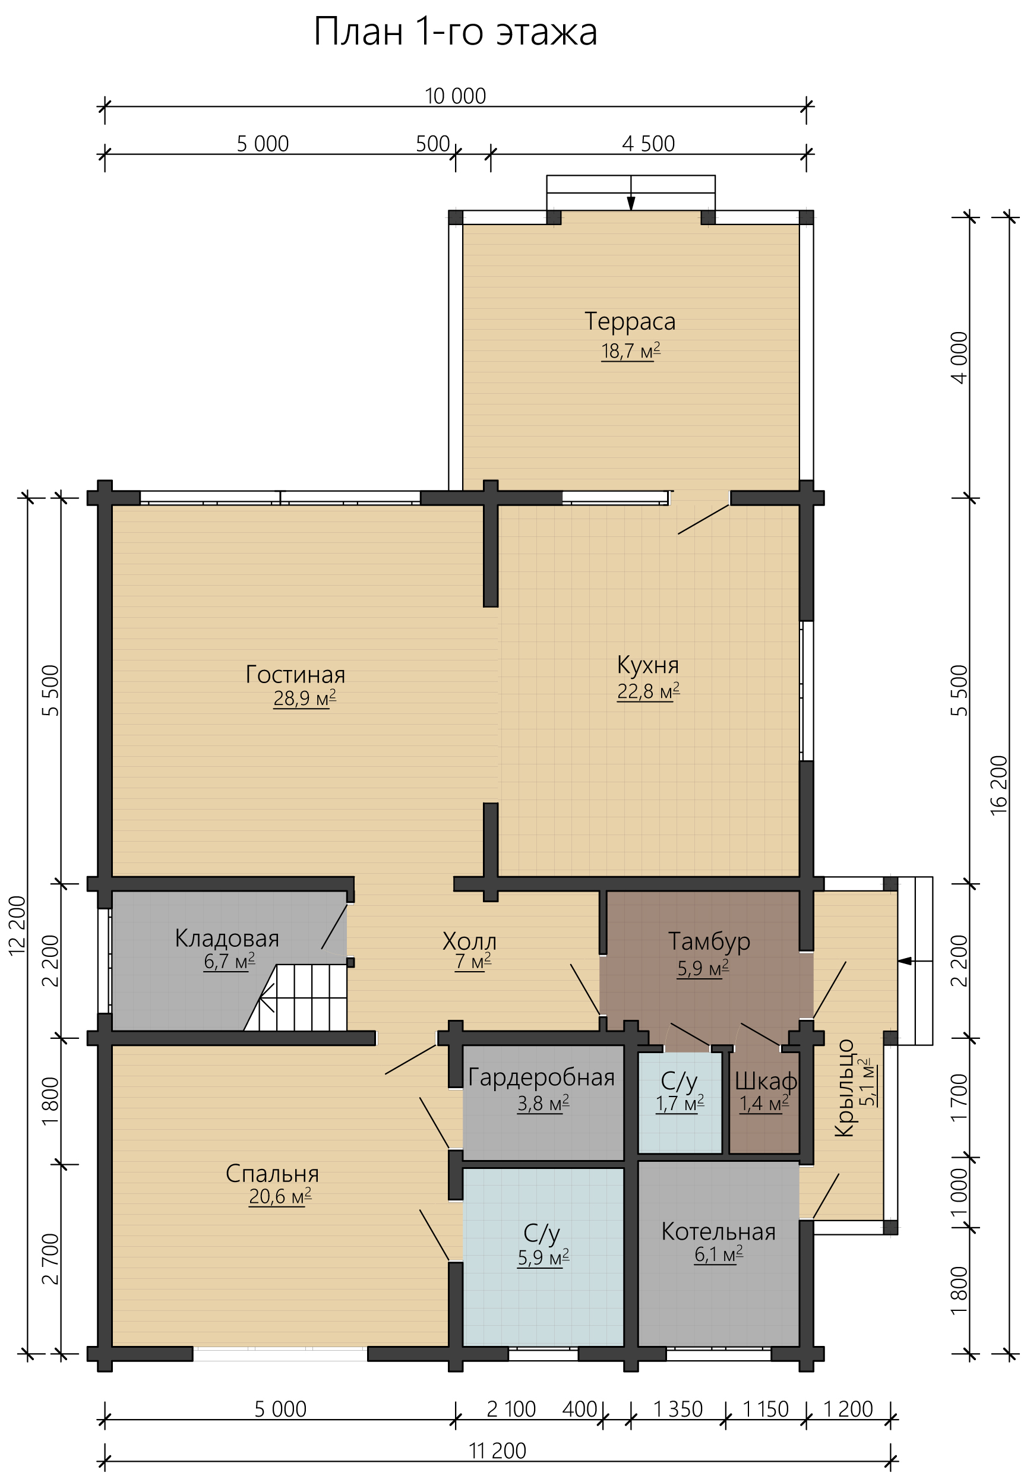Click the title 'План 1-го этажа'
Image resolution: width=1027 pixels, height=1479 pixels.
pos(456,32)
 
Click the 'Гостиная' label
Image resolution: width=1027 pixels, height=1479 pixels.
pos(295,674)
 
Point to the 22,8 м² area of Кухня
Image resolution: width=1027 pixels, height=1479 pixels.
pos(648,691)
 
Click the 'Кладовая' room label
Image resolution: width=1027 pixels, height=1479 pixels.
pos(227,938)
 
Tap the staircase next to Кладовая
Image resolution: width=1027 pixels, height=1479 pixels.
pos(295,997)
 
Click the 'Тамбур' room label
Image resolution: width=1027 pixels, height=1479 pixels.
pos(709,941)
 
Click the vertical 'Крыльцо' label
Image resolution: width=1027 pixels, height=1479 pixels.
pos(844,1088)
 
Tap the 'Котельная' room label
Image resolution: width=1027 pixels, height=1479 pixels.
pos(718,1231)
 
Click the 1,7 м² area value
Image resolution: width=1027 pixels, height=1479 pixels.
pos(680,1103)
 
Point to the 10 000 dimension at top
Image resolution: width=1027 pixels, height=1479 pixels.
pos(455,96)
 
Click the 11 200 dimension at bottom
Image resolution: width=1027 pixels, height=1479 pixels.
pos(497,1450)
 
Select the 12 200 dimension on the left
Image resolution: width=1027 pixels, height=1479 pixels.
pos(17,925)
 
